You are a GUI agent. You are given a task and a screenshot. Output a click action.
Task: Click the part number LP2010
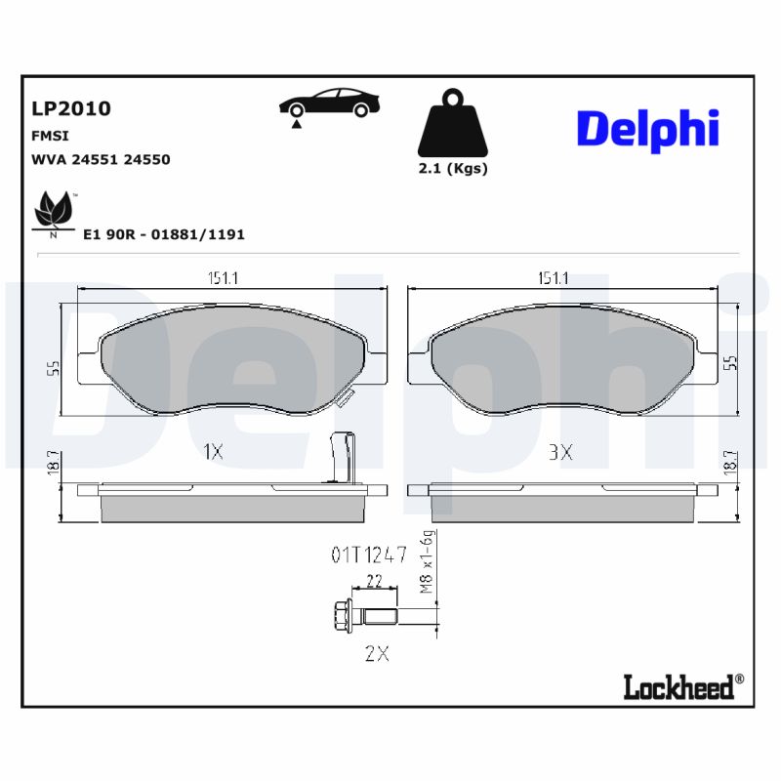pyautogui.click(x=71, y=108)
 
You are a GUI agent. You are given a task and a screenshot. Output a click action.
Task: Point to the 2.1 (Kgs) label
pyautogui.click(x=452, y=168)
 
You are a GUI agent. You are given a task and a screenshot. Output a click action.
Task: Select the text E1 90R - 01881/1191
pyautogui.click(x=164, y=235)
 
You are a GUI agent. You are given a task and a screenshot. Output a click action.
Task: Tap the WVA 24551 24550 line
pyautogui.click(x=102, y=159)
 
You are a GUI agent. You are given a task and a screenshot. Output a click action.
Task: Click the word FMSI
pyautogui.click(x=51, y=136)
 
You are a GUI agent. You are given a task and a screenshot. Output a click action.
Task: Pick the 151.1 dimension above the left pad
pyautogui.click(x=223, y=278)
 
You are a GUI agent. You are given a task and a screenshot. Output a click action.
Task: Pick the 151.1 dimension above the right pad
pyautogui.click(x=553, y=278)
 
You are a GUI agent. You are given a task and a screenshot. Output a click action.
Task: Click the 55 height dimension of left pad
pyautogui.click(x=54, y=368)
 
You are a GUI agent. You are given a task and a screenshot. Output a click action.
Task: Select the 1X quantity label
pyautogui.click(x=213, y=451)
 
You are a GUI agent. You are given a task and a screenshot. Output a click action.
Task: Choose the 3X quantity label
pyautogui.click(x=559, y=452)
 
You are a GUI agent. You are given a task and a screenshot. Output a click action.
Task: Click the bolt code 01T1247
pyautogui.click(x=368, y=555)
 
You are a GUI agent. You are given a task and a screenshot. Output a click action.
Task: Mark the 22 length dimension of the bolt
pyautogui.click(x=372, y=581)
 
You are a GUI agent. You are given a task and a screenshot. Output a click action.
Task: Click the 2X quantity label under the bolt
pyautogui.click(x=376, y=654)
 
